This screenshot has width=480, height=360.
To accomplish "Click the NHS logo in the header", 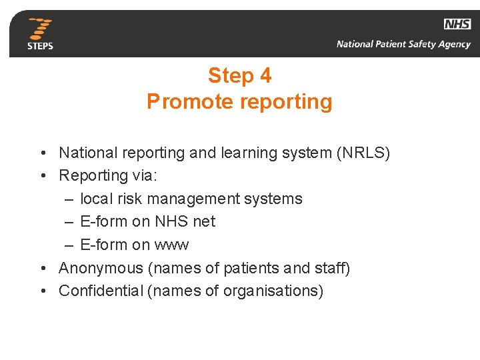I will [457, 24].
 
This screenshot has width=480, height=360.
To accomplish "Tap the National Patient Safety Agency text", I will [403, 45].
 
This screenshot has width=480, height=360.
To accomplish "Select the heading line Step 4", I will [239, 76].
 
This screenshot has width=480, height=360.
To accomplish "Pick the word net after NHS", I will [204, 221].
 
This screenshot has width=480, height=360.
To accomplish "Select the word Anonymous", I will [101, 268].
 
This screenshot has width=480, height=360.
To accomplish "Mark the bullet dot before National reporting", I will [42, 153].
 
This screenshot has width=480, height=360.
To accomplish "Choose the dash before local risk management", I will [70, 199].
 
